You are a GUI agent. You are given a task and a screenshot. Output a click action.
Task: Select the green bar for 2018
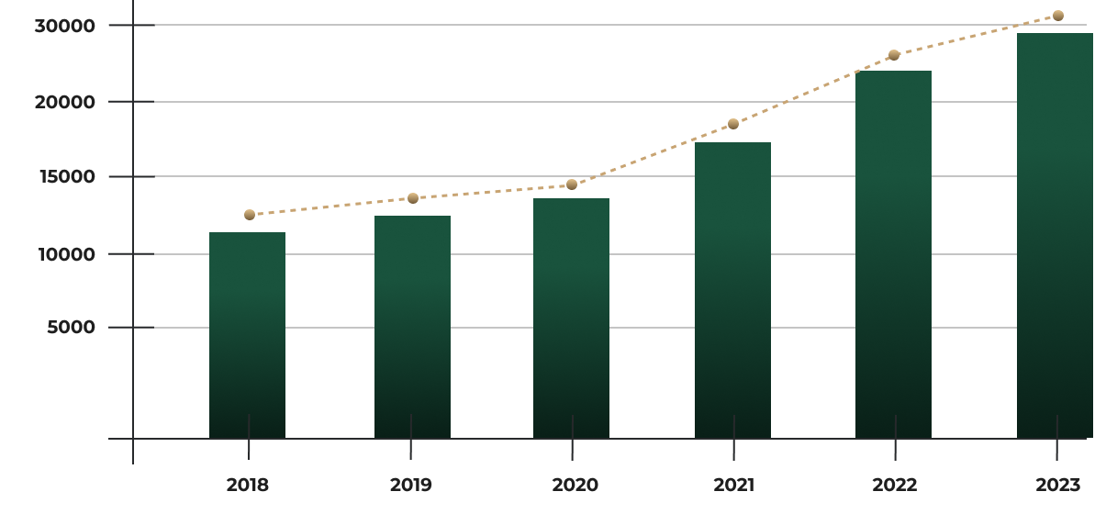(x=247, y=335)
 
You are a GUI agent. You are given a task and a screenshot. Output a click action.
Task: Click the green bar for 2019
(x=412, y=327)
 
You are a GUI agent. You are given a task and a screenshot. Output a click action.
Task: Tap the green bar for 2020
(x=571, y=318)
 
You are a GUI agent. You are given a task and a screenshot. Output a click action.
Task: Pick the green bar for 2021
(x=732, y=290)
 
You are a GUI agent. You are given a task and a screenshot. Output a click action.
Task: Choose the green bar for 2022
(x=893, y=254)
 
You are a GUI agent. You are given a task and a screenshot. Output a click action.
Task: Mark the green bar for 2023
(x=1055, y=236)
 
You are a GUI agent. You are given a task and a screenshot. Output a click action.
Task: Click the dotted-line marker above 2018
(x=250, y=215)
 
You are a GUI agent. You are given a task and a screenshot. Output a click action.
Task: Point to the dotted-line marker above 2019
(x=413, y=198)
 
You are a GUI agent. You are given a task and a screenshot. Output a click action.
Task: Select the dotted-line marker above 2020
(x=572, y=184)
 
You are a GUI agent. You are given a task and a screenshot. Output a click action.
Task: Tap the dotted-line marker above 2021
(x=733, y=124)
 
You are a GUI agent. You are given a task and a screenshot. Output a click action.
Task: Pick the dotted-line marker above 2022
(x=894, y=55)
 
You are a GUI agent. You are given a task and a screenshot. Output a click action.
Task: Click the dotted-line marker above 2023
(x=1058, y=16)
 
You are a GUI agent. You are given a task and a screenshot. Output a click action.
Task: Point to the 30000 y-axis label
(x=64, y=26)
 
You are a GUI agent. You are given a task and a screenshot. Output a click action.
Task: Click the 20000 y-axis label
(x=64, y=102)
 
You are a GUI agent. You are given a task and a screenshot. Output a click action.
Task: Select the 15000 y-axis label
(x=64, y=176)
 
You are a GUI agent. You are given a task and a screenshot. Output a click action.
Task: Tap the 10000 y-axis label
(x=64, y=254)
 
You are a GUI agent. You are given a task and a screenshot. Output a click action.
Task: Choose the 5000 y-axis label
(x=71, y=328)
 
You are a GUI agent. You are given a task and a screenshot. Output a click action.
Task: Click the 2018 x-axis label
(x=248, y=485)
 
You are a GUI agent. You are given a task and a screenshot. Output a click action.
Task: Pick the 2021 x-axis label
(x=732, y=485)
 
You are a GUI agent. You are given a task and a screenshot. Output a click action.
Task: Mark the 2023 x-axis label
(x=1057, y=485)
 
